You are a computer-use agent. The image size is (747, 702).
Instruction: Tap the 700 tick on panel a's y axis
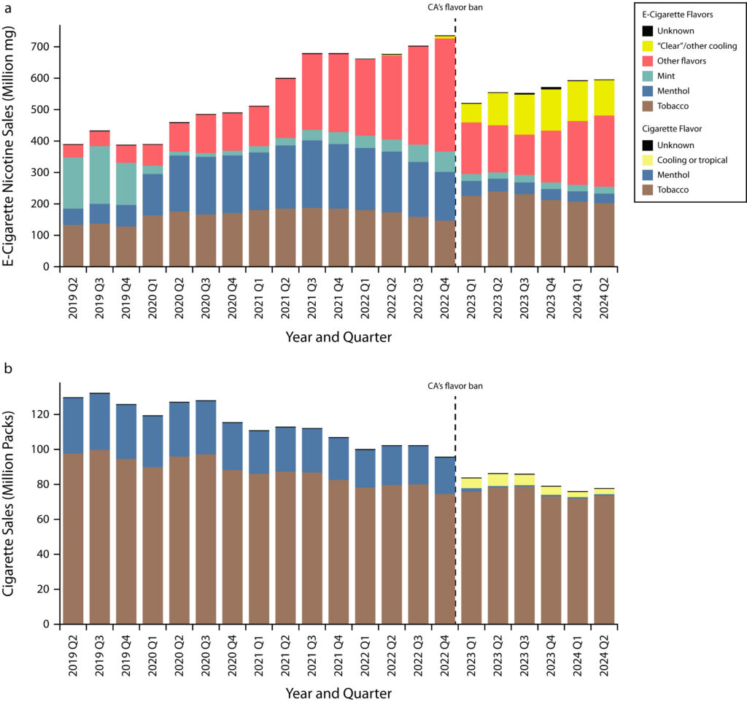pos(44,47)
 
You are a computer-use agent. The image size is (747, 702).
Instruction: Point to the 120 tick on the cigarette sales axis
pos(44,414)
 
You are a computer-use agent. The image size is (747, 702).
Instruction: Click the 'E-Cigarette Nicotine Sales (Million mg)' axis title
pos(10,146)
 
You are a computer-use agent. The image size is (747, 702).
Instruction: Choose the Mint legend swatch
pos(647,76)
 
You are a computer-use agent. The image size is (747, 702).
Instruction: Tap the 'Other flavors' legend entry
pos(681,61)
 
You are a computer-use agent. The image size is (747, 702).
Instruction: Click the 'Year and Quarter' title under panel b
pos(338,692)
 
